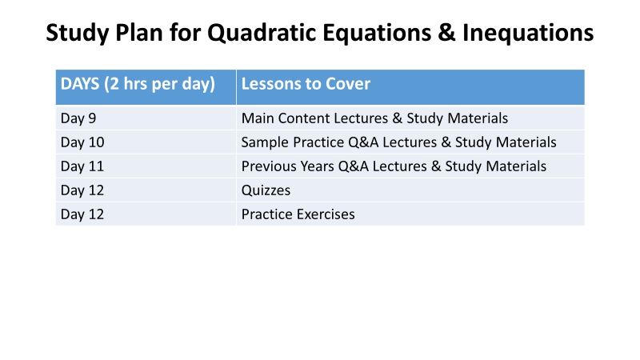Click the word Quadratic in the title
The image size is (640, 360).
click(262, 34)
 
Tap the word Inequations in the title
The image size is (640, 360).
click(528, 34)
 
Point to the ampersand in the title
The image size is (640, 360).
click(446, 33)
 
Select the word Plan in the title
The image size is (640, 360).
click(138, 33)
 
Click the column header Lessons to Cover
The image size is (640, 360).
click(306, 84)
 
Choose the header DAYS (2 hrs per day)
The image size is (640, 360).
click(138, 85)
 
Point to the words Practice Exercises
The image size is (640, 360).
click(298, 214)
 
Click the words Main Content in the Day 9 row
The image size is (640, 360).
click(286, 118)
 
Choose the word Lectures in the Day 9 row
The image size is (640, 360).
click(361, 118)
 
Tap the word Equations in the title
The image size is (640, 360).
click(377, 34)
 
